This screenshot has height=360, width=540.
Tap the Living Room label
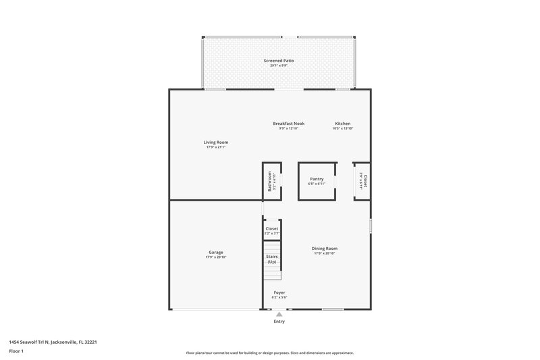[x=216, y=142]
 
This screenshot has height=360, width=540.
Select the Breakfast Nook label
[x=288, y=124]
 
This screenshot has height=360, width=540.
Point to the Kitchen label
[x=342, y=124]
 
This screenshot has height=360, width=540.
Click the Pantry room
[x=317, y=181]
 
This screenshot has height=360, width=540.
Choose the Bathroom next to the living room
[x=272, y=181]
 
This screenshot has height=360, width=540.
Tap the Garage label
[x=215, y=253]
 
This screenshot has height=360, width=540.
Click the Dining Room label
[x=324, y=249]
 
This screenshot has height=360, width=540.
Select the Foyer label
[x=279, y=292]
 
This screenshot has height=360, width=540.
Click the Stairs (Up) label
[x=272, y=259]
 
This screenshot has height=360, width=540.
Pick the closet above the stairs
[x=272, y=230]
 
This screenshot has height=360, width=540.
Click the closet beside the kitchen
[x=362, y=181]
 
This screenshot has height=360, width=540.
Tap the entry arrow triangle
[x=279, y=314]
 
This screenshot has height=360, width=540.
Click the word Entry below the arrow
[x=279, y=322]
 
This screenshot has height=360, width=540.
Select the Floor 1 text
[x=16, y=352]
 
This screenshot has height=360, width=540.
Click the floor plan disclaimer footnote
[x=269, y=353]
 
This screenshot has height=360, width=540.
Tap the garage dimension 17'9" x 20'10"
[x=215, y=257]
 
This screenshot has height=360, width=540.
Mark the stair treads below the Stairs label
[x=272, y=274]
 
